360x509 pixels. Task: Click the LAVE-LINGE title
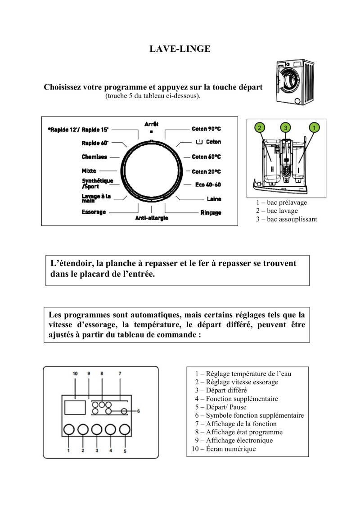click(180, 49)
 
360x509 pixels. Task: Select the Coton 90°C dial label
click(207, 129)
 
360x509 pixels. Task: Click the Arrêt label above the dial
click(152, 124)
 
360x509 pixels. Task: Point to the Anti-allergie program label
click(152, 218)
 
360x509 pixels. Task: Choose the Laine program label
click(214, 199)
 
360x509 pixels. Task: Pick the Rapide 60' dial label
click(94, 143)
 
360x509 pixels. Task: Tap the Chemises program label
click(94, 157)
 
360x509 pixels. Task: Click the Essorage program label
click(94, 212)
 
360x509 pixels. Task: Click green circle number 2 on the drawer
click(259, 128)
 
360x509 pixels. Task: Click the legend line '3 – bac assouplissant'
click(287, 219)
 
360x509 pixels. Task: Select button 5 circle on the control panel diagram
click(125, 430)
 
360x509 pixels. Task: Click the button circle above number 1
click(68, 430)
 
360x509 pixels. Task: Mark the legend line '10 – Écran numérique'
click(224, 449)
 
